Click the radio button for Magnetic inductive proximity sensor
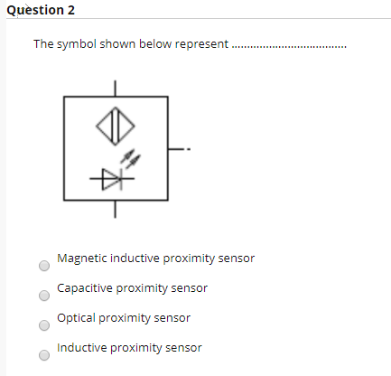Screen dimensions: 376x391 coord(43,267)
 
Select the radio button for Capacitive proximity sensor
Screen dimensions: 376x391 coord(43,296)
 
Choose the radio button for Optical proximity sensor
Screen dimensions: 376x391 coord(43,325)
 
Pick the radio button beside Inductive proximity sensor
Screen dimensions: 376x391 coord(43,355)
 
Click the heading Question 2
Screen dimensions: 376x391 coord(40,10)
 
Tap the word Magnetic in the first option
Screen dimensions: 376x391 coord(80,258)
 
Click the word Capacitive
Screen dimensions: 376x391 coord(84,288)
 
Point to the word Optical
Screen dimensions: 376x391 coord(74,318)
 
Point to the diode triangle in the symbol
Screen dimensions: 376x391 coord(112,181)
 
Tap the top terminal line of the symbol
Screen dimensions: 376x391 coord(115,88)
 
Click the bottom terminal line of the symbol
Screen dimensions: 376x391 coord(115,211)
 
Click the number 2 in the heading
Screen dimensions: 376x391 coord(70,10)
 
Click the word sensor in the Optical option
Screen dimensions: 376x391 coord(174,318)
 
